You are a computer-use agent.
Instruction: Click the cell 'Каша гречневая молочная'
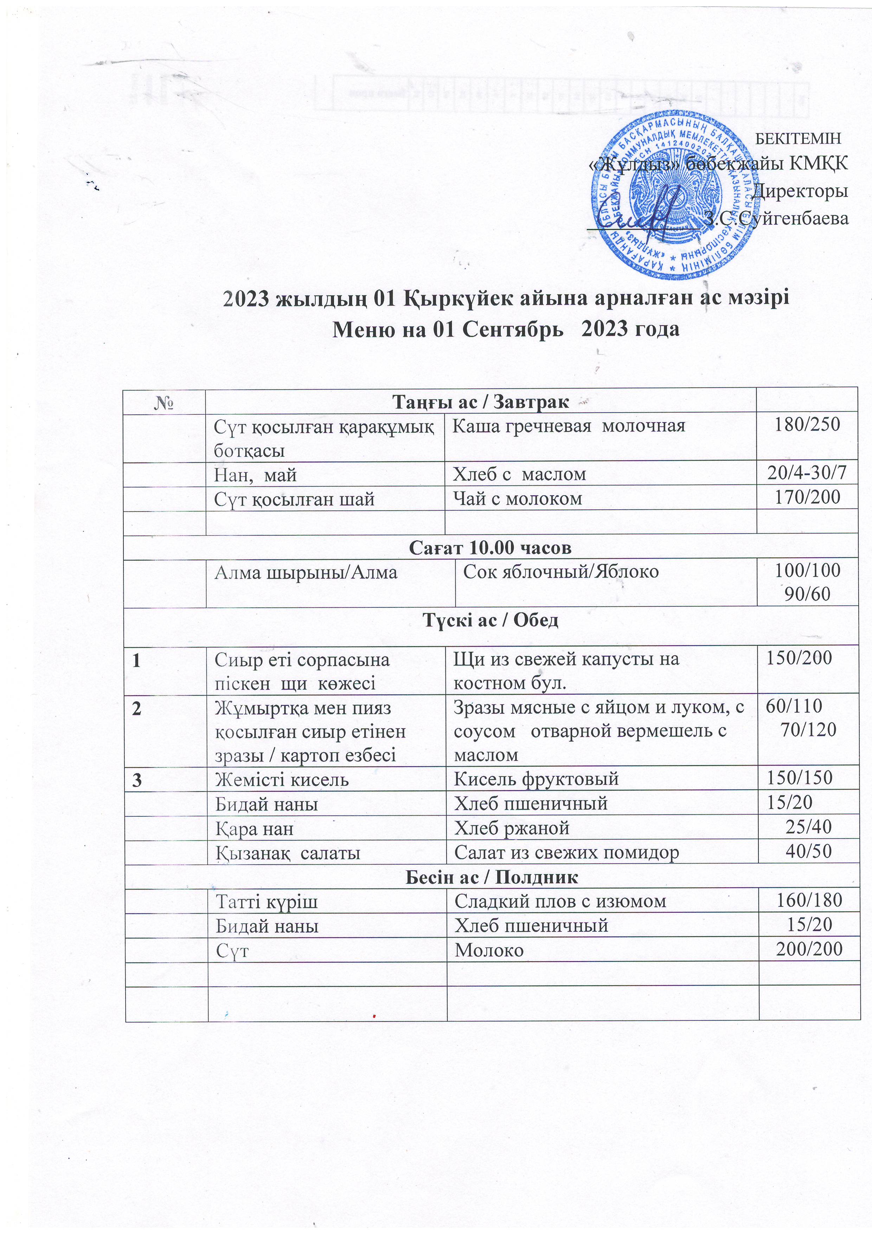pos(569,426)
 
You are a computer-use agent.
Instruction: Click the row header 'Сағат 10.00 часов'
pos(490,547)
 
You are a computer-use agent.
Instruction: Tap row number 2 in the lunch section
pos(138,708)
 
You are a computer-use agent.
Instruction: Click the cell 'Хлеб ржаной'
pos(512,828)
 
